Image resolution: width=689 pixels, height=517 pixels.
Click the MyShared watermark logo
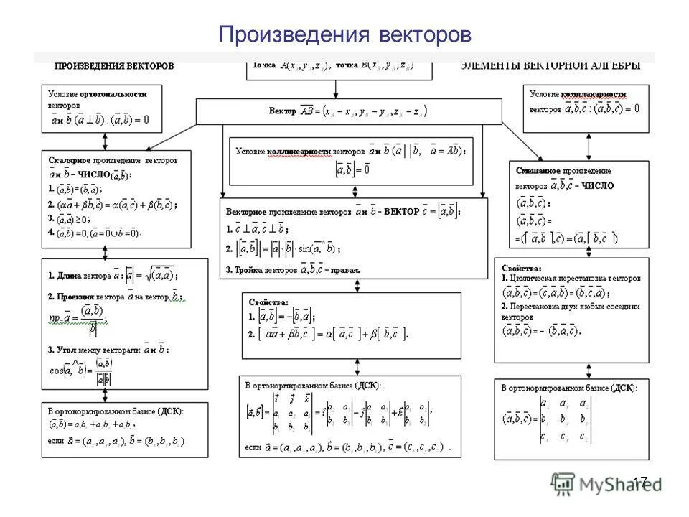(606, 483)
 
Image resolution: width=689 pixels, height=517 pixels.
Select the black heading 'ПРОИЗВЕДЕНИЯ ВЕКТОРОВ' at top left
(114, 66)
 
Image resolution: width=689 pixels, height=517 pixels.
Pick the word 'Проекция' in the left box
(74, 297)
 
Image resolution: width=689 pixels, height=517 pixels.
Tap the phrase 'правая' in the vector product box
(346, 269)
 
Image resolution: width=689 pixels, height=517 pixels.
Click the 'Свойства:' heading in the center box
(268, 302)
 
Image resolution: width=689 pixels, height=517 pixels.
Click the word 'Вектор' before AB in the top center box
(282, 111)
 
